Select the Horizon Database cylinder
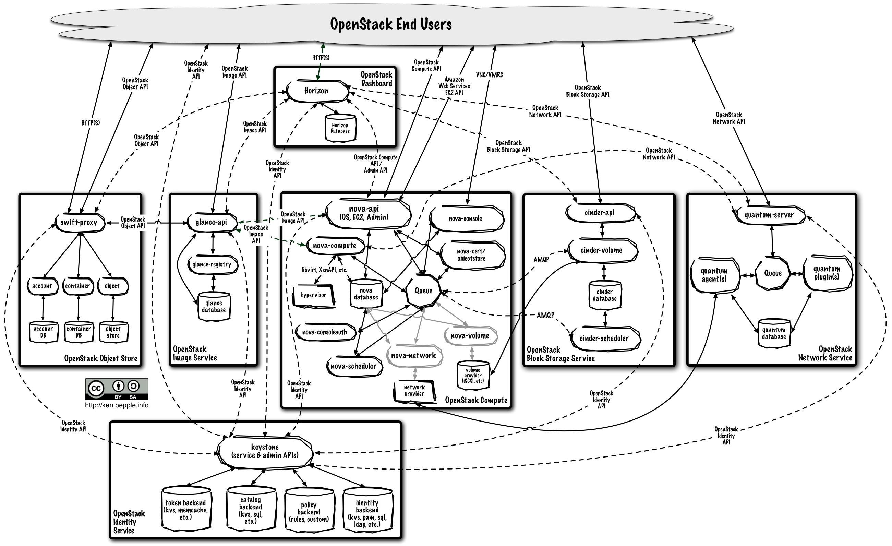[x=340, y=128]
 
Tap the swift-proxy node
[x=79, y=222]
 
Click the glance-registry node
[x=212, y=264]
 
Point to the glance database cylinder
[x=214, y=306]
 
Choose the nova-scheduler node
[x=354, y=366]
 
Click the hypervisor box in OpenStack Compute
[x=314, y=295]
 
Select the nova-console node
[x=466, y=219]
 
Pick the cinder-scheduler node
[x=604, y=339]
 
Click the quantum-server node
[x=769, y=215]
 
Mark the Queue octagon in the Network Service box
[x=773, y=273]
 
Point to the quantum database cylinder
[x=774, y=333]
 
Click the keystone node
[x=265, y=451]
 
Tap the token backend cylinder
[x=186, y=510]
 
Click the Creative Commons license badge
[x=117, y=389]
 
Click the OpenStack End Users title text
[x=391, y=25]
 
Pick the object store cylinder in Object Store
[x=113, y=332]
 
